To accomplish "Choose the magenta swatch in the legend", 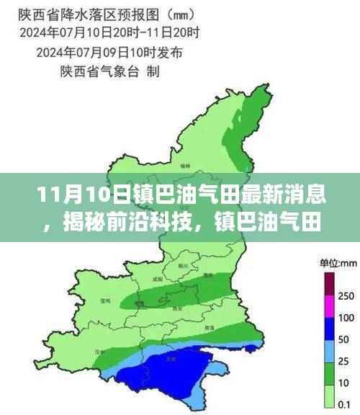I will coord(330,305).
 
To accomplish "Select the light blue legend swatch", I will coord(330,350).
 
